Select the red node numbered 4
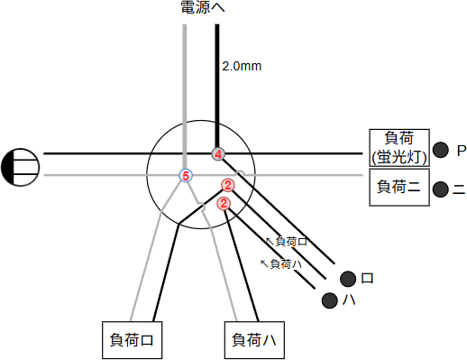(217, 153)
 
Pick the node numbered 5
(185, 175)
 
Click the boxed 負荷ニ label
(398, 189)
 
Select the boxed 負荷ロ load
(133, 340)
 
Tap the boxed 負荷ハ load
(254, 340)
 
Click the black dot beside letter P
(441, 150)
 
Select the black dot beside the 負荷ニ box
(441, 189)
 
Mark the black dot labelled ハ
(328, 300)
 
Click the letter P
(461, 150)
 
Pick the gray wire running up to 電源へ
(185, 90)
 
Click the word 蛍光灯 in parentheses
(398, 158)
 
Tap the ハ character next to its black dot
(346, 300)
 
